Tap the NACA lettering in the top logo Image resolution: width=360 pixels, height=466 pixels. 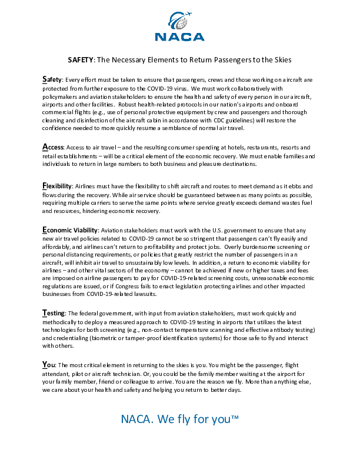180,36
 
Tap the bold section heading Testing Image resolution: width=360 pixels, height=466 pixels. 55,313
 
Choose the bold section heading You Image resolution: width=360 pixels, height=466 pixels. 49,365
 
